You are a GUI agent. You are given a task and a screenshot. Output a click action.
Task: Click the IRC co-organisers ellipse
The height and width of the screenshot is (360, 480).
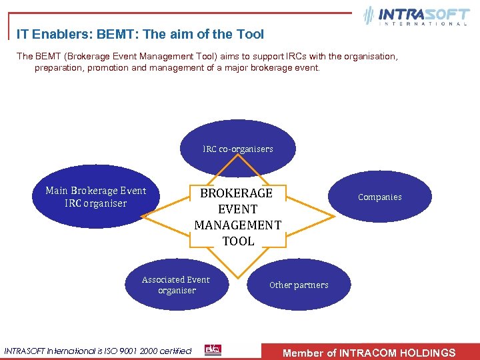pos(237,149)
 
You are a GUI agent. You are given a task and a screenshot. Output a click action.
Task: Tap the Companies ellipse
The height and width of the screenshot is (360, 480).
pos(379,197)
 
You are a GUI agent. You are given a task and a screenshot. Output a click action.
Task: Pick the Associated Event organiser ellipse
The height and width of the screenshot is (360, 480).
pos(176,285)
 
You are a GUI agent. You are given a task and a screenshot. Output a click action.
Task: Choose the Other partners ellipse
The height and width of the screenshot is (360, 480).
pos(299,285)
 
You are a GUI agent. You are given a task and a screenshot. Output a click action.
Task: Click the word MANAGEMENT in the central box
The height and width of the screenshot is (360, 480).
pos(238,225)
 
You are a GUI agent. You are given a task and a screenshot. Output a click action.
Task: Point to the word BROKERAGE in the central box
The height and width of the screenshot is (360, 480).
pos(237,193)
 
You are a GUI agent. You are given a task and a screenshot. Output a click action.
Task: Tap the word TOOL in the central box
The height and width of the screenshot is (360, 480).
pos(238,241)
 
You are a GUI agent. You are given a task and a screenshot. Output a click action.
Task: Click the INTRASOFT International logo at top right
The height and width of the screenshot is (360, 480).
pos(416,16)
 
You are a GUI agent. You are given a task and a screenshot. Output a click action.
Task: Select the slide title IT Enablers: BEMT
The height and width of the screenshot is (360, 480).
pos(140,34)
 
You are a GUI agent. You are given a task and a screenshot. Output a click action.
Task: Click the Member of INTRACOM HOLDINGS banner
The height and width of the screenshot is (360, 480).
pos(369,353)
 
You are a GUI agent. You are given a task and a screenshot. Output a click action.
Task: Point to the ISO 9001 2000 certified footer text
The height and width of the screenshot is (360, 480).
pos(98,351)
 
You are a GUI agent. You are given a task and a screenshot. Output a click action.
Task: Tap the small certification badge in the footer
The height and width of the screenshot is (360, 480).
pos(213,350)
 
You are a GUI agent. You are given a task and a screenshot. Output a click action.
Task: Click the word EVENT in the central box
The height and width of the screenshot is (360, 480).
pos(238,209)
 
